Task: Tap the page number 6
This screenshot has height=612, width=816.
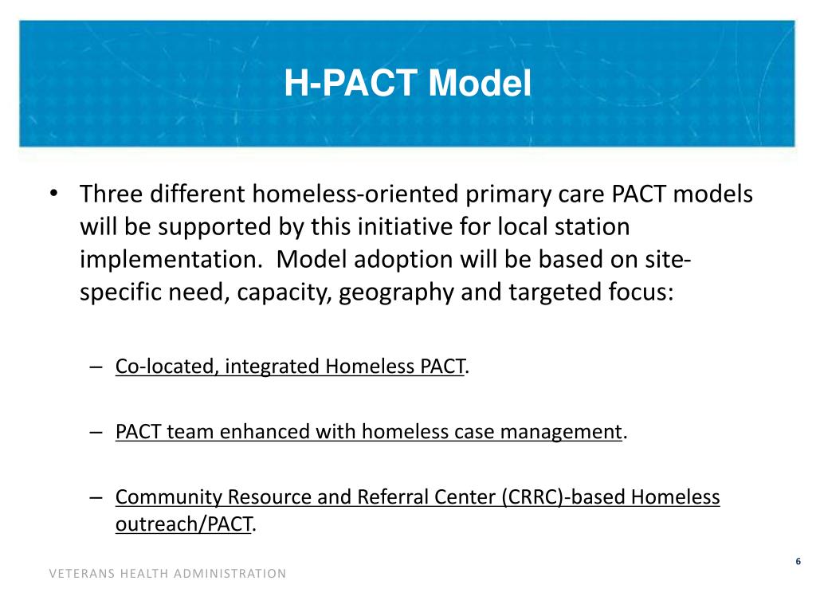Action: coord(798,563)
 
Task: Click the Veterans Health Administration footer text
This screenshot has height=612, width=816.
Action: coord(167,574)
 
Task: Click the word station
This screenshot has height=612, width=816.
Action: coord(590,227)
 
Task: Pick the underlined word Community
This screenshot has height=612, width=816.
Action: coord(168,497)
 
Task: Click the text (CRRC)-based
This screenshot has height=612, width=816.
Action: coord(563,497)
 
